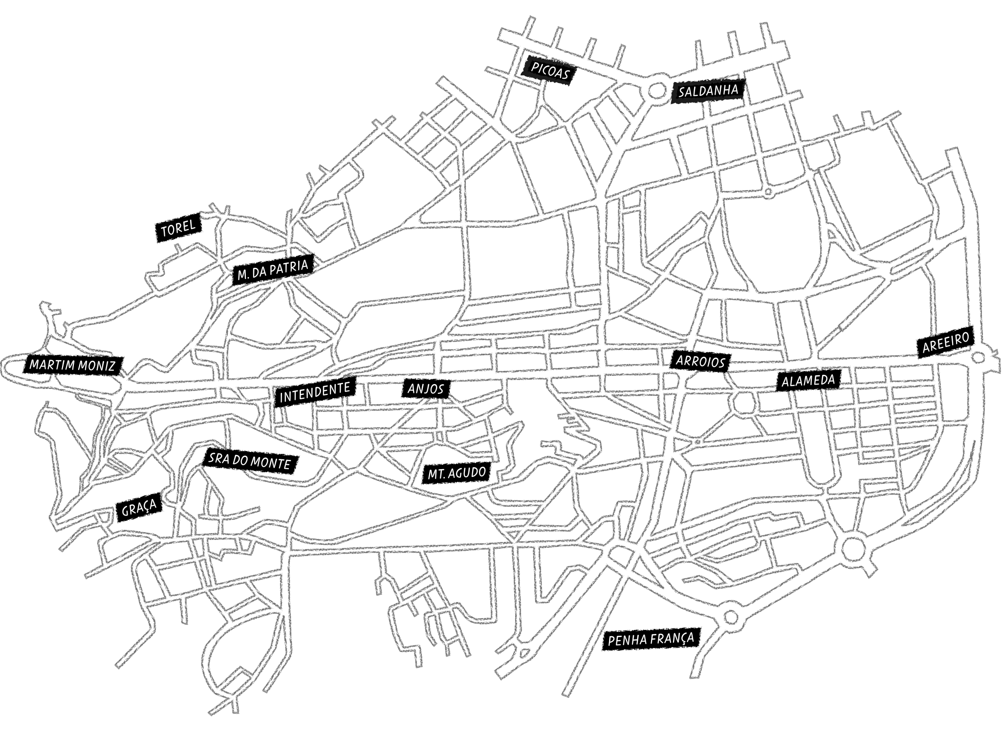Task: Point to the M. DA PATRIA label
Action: (x=273, y=270)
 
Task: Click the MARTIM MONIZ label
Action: (x=73, y=365)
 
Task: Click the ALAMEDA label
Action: (x=807, y=381)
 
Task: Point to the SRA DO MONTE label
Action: (x=249, y=461)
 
